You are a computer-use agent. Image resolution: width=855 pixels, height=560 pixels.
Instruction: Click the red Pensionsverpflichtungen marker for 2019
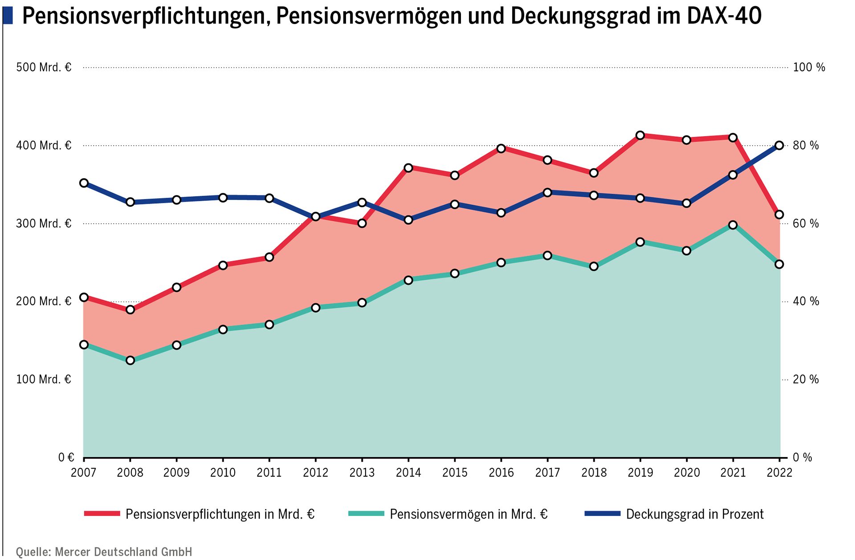[640, 135]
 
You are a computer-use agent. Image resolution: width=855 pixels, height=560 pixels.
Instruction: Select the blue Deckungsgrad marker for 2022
[779, 145]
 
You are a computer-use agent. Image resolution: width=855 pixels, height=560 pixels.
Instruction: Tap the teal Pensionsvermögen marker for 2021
[733, 225]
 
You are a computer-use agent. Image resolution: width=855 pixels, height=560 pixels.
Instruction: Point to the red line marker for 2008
[130, 310]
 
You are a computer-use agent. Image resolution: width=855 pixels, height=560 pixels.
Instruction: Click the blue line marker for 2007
[84, 183]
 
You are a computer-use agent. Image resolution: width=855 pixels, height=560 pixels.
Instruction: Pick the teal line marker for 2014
[408, 280]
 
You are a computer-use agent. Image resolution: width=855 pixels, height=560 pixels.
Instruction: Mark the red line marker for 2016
[501, 148]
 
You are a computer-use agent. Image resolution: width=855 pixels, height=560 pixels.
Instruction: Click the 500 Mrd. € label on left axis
[44, 67]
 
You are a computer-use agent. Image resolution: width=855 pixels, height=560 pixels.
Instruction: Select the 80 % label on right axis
[806, 145]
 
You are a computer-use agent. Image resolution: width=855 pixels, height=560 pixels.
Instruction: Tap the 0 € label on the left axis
[66, 458]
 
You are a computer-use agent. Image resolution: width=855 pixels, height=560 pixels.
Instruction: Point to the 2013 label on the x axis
[362, 473]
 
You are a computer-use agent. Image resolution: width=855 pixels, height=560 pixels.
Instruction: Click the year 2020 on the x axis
[687, 473]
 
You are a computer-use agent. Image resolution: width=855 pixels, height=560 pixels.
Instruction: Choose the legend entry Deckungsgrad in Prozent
[694, 514]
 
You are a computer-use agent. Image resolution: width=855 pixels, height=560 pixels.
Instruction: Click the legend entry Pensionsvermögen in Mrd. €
[468, 514]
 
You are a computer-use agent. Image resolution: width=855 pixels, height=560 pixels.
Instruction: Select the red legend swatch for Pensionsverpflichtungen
[102, 514]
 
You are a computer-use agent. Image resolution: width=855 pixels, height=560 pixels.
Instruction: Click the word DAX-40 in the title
[724, 16]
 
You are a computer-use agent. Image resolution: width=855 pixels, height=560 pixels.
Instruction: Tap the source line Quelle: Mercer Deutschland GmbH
[104, 552]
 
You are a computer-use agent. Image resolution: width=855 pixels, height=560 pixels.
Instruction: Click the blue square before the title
[8, 16]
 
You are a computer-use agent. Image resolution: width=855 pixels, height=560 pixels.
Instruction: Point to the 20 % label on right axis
[806, 379]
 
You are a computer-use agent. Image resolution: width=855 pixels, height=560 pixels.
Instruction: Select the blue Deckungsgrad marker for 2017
[548, 192]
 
